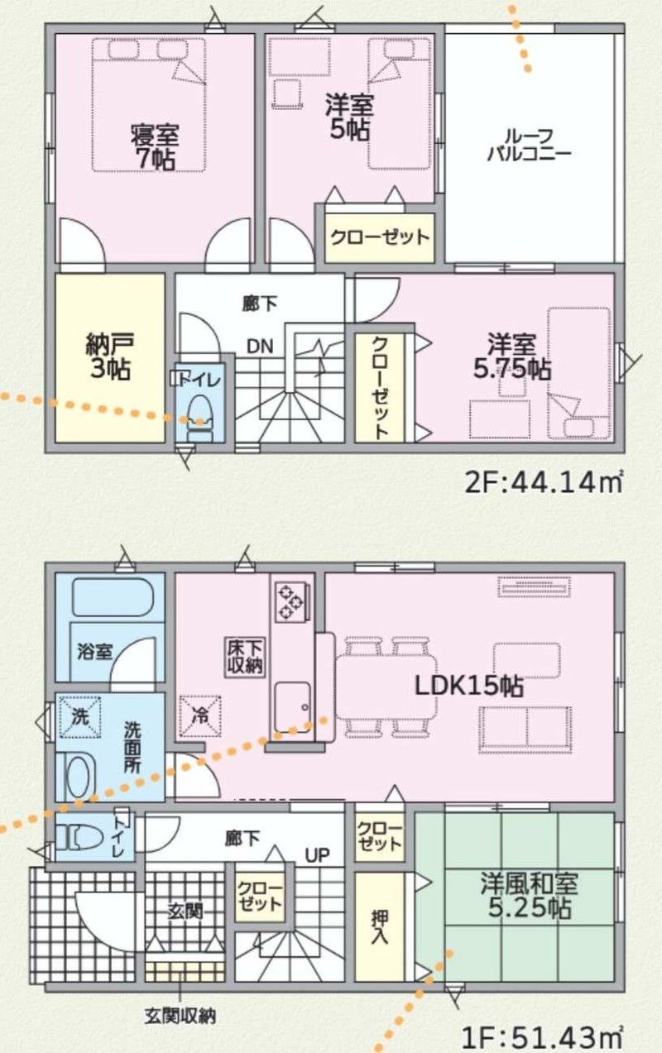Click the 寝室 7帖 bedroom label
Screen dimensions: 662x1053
pos(154,146)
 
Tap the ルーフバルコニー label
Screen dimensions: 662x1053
pos(529,145)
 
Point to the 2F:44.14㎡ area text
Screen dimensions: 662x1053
pos(544,482)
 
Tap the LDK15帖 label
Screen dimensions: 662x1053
pos(468,686)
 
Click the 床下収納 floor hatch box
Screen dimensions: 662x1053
pos(245,657)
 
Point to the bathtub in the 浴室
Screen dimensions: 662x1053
pos(113,597)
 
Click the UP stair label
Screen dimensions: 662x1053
pos(318,854)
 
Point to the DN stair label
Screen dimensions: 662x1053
pos(260,347)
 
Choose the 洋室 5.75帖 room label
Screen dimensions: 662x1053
pos(511,357)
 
